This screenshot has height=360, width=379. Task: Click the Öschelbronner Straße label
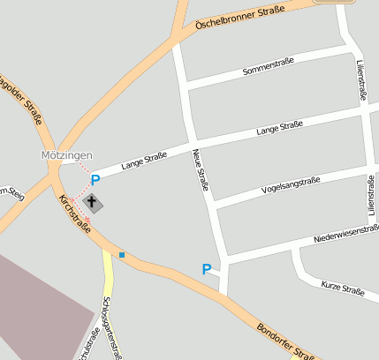(x=239, y=18)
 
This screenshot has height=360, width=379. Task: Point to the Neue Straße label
(x=201, y=169)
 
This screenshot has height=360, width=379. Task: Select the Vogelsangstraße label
(x=291, y=184)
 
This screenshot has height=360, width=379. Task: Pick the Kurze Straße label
(x=343, y=288)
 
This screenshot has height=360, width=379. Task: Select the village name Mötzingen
(x=66, y=155)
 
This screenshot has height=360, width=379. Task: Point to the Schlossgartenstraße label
(x=111, y=326)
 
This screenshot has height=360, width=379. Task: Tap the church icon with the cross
(x=92, y=203)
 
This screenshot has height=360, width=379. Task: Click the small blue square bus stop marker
(x=122, y=255)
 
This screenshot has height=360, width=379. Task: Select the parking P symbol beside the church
(x=95, y=180)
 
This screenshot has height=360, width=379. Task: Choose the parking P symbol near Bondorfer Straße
(x=207, y=269)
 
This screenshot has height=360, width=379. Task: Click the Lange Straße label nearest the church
(x=144, y=160)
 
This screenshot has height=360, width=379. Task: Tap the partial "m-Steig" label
(x=11, y=192)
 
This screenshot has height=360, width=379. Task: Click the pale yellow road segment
(x=109, y=282)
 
